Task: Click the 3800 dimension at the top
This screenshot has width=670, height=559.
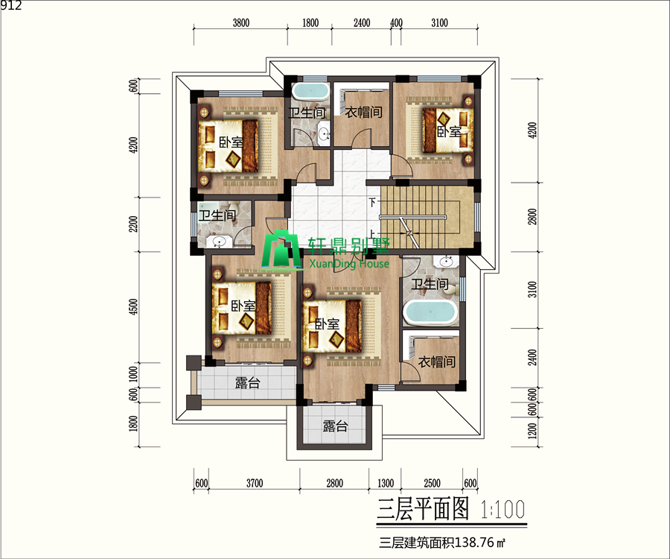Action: (x=240, y=22)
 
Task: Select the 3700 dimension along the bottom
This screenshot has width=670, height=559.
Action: (x=255, y=483)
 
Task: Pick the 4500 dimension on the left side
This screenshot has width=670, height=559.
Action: (x=134, y=307)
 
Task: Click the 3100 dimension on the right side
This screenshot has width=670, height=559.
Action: (x=532, y=287)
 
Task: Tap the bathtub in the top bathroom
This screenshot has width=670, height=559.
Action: (x=309, y=92)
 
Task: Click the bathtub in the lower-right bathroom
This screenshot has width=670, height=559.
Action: (x=429, y=313)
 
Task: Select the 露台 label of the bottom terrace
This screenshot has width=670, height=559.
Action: (x=334, y=427)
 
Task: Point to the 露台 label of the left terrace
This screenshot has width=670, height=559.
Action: (x=247, y=383)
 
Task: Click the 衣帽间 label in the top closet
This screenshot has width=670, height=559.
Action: (x=363, y=113)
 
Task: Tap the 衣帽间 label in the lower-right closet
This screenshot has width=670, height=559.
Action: (x=435, y=362)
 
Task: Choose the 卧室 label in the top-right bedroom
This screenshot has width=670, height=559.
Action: (x=448, y=132)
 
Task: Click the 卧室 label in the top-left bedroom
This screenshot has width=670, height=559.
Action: (x=230, y=142)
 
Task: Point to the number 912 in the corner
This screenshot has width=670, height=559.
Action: (x=11, y=6)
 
